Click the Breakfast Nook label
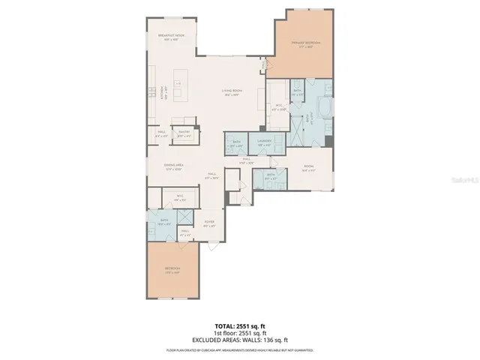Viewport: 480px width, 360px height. [171, 37]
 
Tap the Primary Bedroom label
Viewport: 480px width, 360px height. [306, 44]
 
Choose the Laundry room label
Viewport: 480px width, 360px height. [263, 142]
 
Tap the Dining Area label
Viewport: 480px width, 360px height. [174, 166]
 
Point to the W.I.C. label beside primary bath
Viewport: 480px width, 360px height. [278, 107]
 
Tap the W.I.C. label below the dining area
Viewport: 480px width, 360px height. [180, 198]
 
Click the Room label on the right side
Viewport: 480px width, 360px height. [308, 168]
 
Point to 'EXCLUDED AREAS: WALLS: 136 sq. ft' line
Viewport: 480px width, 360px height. [239, 340]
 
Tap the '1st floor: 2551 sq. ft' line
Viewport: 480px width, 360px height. [239, 334]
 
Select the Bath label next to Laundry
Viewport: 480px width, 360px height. [236, 142]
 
